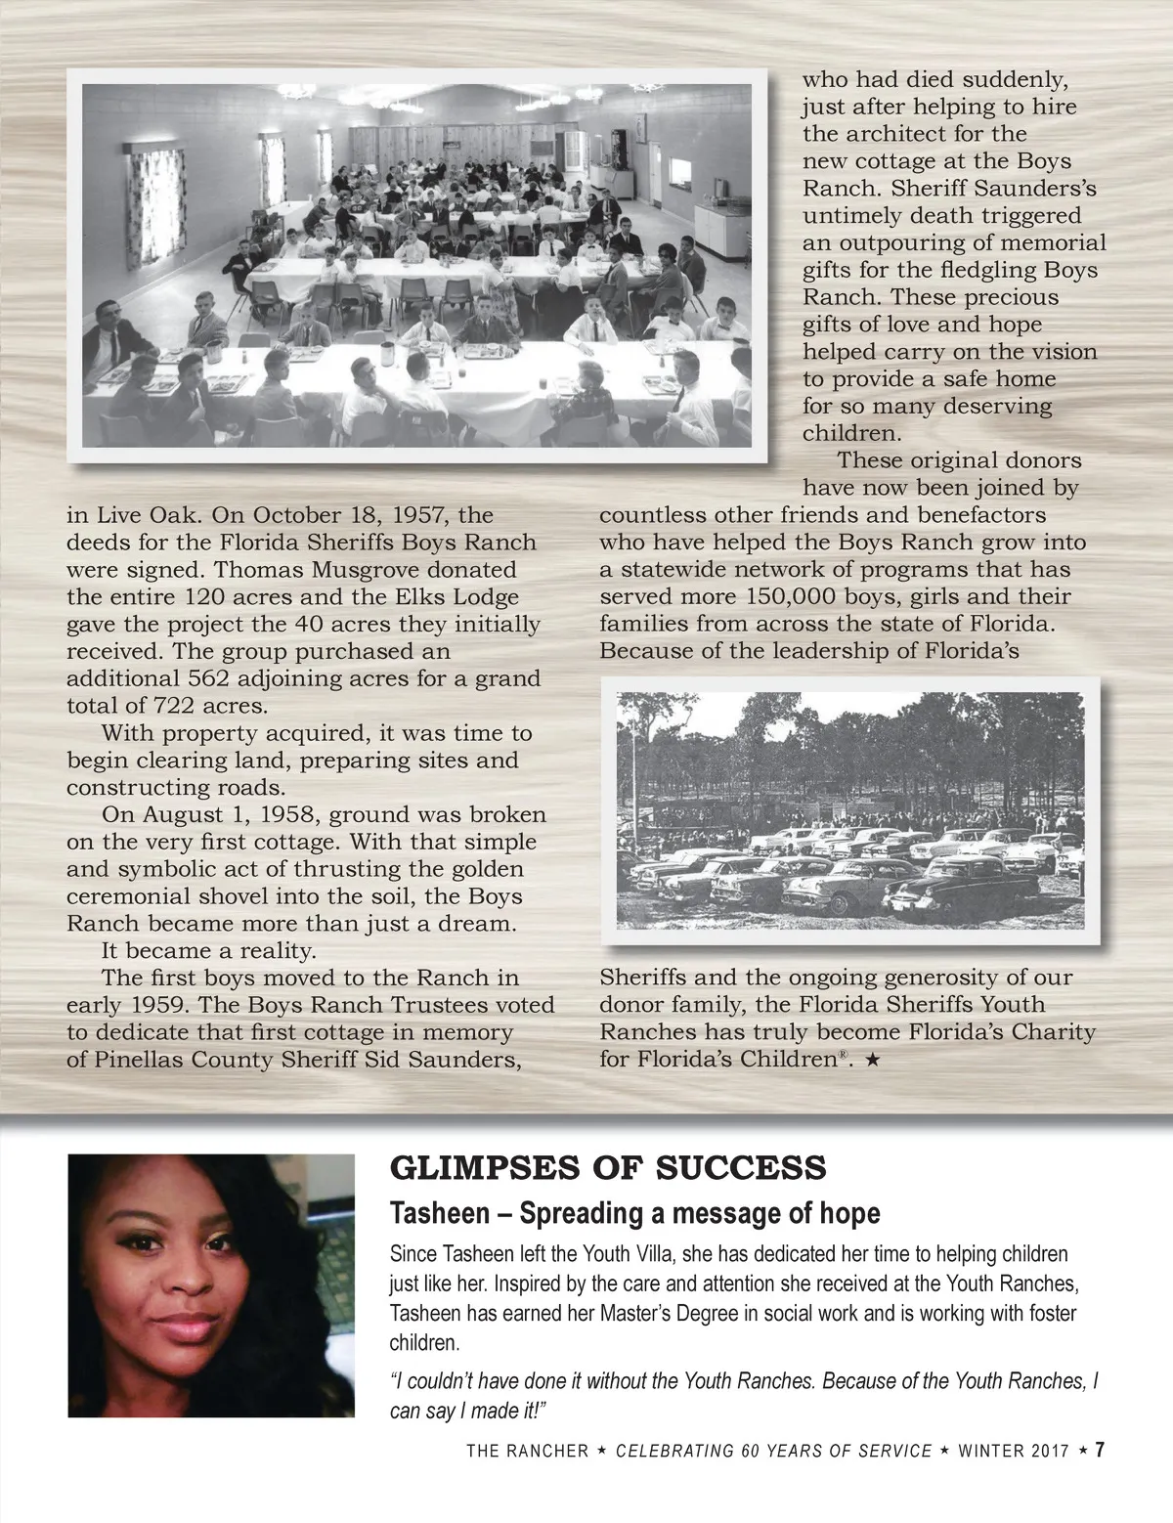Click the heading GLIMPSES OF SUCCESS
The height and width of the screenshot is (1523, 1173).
608,1166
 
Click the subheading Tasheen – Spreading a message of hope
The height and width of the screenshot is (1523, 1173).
634,1213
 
